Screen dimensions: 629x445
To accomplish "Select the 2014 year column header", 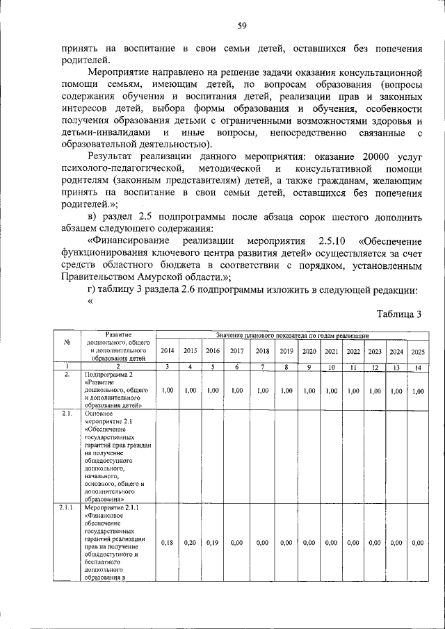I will [167, 351].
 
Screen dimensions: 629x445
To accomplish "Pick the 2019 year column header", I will [286, 351].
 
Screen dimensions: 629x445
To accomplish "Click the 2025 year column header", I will [417, 351].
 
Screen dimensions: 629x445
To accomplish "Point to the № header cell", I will [67, 341].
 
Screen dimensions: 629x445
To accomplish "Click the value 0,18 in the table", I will [167, 542].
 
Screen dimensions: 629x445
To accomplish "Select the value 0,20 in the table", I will [191, 542].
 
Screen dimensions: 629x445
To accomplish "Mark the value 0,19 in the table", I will [213, 542].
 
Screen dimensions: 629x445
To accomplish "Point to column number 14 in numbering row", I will [417, 366].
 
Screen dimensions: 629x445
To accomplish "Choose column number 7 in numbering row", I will [262, 366].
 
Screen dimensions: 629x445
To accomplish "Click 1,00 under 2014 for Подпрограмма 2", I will [167, 391].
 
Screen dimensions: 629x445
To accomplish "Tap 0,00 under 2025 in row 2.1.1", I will [417, 542].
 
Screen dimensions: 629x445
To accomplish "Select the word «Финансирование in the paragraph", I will [133, 240].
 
